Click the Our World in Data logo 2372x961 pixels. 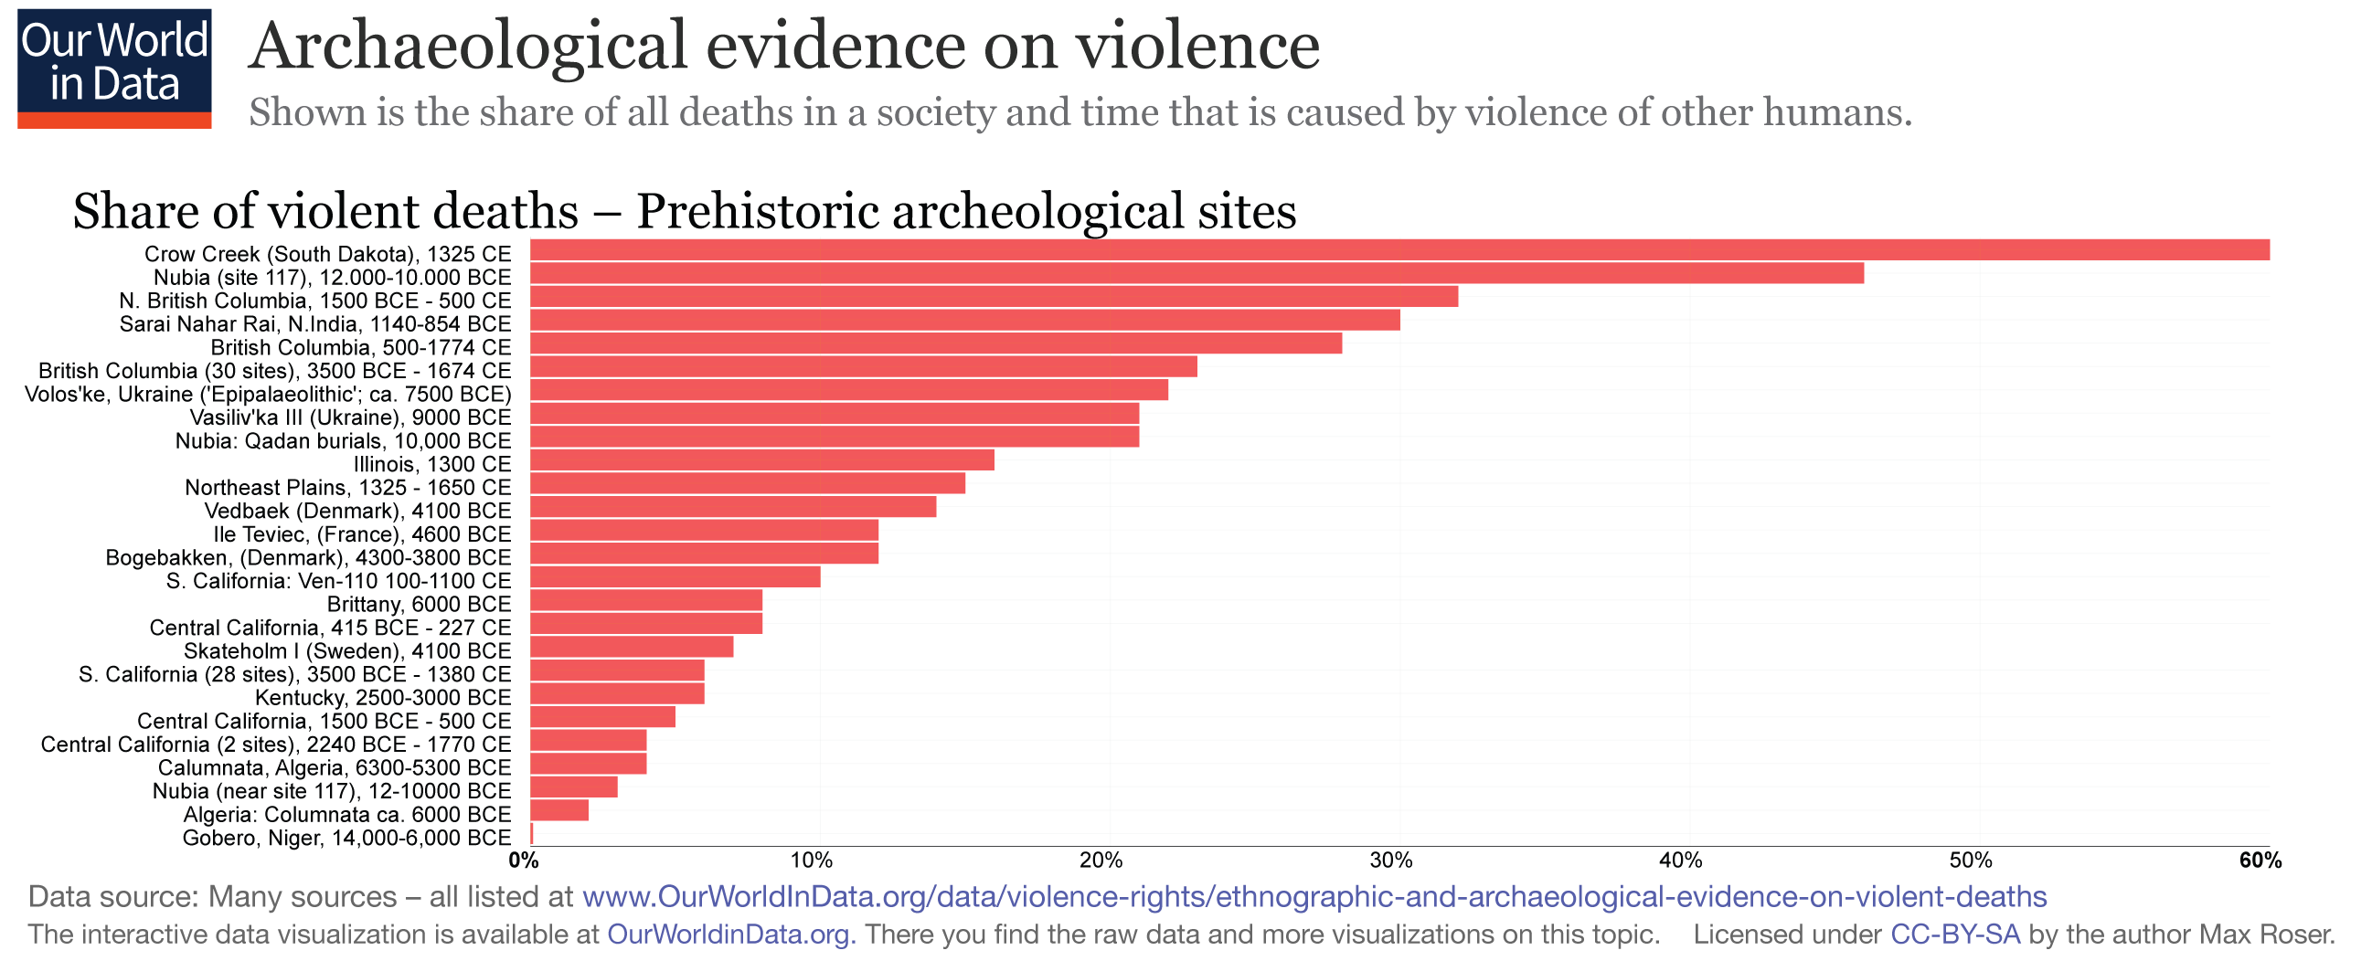coord(114,69)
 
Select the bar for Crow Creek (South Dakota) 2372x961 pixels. coord(1399,250)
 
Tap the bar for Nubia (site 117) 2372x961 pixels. coord(1197,273)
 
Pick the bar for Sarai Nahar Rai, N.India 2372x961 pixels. coord(965,321)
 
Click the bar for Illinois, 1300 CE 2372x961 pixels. coord(762,460)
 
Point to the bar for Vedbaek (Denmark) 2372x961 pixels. coord(733,507)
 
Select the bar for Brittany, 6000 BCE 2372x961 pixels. coord(646,601)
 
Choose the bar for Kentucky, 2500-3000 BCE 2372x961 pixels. coord(617,694)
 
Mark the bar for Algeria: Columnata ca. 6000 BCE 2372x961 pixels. coord(558,811)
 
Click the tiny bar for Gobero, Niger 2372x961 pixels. coord(532,835)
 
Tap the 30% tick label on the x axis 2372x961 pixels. coord(1390,861)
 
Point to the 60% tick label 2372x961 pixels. coord(2260,861)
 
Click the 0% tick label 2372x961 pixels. coord(523,861)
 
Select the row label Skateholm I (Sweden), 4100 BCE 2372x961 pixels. coord(347,650)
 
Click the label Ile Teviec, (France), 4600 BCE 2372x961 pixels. coord(362,533)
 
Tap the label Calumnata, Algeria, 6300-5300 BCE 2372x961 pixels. coord(335,767)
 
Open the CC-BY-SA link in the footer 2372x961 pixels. coord(1955,935)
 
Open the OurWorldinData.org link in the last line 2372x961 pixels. coord(731,935)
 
